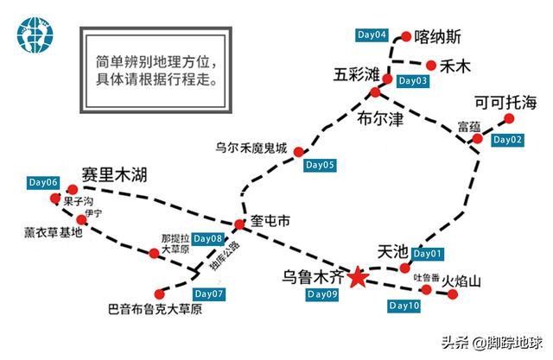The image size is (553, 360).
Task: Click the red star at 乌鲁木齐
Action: (357, 277)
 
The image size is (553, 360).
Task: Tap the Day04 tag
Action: (372, 35)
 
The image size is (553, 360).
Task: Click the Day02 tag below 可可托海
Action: (507, 139)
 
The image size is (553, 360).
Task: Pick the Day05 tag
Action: (319, 164)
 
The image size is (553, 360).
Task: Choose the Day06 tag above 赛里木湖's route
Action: (43, 183)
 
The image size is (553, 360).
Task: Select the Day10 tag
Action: (404, 306)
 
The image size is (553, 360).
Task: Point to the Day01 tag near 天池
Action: (430, 254)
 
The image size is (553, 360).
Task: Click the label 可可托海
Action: (506, 99)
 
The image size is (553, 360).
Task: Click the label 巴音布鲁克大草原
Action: (155, 308)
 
